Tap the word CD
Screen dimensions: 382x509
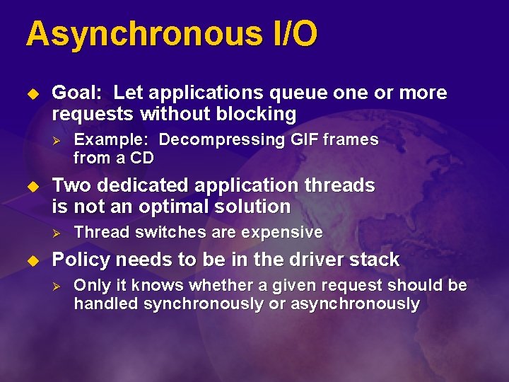(141, 158)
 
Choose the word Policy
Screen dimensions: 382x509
(81, 260)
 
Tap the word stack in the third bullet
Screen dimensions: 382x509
(375, 260)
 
